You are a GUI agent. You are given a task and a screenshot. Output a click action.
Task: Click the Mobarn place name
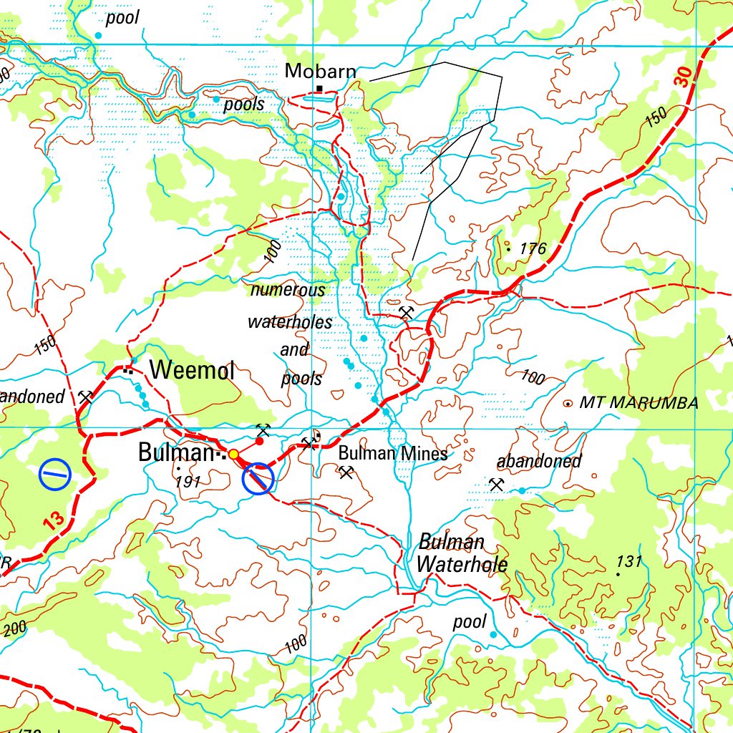[x=320, y=71]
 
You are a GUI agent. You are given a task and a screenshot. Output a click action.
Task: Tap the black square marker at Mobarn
[x=319, y=89]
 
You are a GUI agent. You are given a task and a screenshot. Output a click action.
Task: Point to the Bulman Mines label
[x=392, y=452]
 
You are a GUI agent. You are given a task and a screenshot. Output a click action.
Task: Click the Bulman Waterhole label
[x=462, y=553]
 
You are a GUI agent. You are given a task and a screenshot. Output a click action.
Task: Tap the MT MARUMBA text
[x=639, y=403]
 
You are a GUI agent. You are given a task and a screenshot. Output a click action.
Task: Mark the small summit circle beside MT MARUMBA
[x=568, y=404]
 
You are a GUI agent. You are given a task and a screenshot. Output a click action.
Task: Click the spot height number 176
[x=533, y=249]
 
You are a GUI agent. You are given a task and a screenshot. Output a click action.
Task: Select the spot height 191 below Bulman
[x=187, y=482]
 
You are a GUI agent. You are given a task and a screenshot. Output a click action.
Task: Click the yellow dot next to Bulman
[x=233, y=453]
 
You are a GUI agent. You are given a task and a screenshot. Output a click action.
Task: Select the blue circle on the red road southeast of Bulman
[x=258, y=479]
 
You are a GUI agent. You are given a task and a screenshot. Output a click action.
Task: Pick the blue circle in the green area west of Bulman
[x=55, y=473]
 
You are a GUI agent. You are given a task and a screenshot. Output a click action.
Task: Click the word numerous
[x=288, y=290]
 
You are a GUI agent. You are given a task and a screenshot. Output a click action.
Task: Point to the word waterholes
[x=290, y=322]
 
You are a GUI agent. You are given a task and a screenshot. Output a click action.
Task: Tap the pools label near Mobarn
[x=244, y=105]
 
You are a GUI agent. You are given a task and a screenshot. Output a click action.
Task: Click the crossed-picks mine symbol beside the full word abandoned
[x=497, y=485]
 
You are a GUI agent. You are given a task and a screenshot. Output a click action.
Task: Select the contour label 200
[x=14, y=629]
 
